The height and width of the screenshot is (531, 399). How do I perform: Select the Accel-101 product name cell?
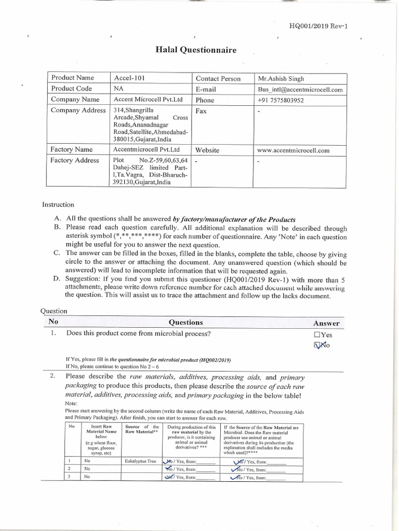[129, 78]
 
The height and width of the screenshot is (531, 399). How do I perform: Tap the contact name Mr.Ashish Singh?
[281, 79]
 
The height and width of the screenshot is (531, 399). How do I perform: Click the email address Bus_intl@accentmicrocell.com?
[300, 89]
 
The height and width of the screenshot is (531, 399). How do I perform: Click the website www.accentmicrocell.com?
[294, 150]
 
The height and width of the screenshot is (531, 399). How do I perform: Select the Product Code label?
[71, 89]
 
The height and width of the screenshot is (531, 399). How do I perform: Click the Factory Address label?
[75, 160]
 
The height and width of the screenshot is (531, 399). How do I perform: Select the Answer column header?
[326, 323]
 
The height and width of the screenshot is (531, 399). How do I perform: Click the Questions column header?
[186, 322]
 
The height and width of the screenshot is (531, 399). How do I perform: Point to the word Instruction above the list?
[58, 205]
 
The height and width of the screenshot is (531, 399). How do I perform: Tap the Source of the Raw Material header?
[142, 430]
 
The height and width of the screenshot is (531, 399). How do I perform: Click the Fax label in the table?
[201, 111]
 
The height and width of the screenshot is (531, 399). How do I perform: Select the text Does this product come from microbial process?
[139, 333]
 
